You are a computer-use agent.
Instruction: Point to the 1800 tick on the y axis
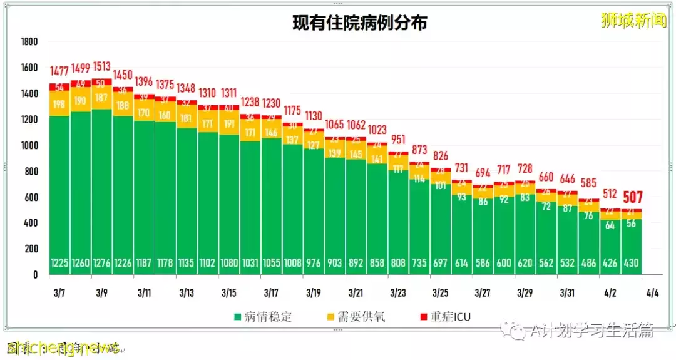pos(29,42)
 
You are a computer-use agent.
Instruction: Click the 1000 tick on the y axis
pos(29,145)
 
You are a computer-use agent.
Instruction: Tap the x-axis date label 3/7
pos(59,292)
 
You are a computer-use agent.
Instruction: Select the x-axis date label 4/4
pos(652,292)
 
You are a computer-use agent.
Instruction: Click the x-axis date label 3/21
pos(356,292)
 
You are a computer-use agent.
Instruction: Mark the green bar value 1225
pos(59,264)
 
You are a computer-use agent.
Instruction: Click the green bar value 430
pos(631,264)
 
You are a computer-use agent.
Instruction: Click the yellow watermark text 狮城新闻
pos(633,21)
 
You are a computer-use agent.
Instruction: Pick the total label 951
pos(398,139)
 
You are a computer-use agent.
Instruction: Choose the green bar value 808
pos(398,264)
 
